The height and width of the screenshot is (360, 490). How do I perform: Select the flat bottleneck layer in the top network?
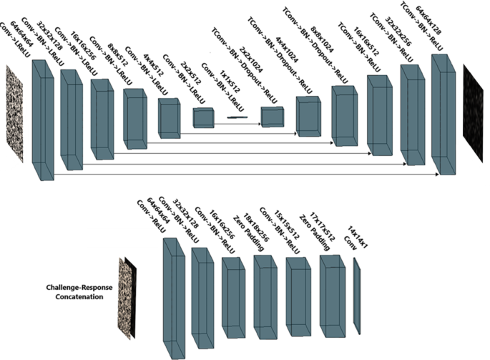coord(236,117)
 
